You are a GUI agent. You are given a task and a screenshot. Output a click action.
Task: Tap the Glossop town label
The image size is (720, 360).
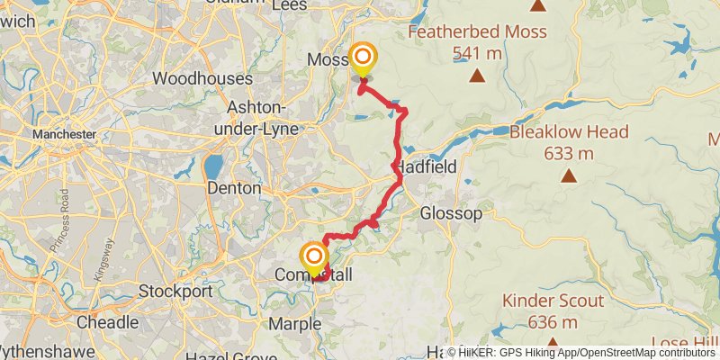[x=451, y=213]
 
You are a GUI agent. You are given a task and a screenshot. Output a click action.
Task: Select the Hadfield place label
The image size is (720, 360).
[x=426, y=166]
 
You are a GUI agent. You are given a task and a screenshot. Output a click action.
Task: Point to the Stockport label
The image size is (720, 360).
[x=175, y=292]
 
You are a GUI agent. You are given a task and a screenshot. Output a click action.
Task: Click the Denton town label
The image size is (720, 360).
[x=234, y=189]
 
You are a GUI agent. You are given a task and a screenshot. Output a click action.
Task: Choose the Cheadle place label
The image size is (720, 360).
[x=107, y=323]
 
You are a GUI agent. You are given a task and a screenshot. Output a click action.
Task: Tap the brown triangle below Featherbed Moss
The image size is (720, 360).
[x=474, y=76]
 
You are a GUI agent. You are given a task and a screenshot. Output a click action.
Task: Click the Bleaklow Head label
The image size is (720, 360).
[x=569, y=132]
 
